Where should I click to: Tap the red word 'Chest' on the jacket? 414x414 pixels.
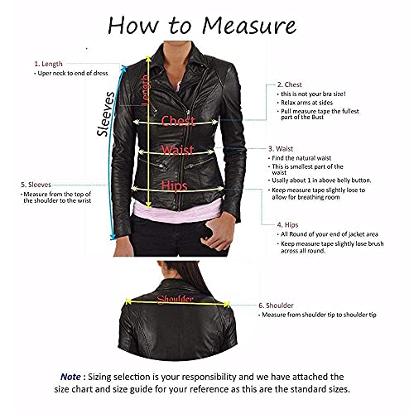(178, 121)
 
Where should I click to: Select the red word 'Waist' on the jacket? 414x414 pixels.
(177, 150)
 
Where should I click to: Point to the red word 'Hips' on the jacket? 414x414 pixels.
(175, 186)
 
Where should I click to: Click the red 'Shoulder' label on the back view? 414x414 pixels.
(176, 298)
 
